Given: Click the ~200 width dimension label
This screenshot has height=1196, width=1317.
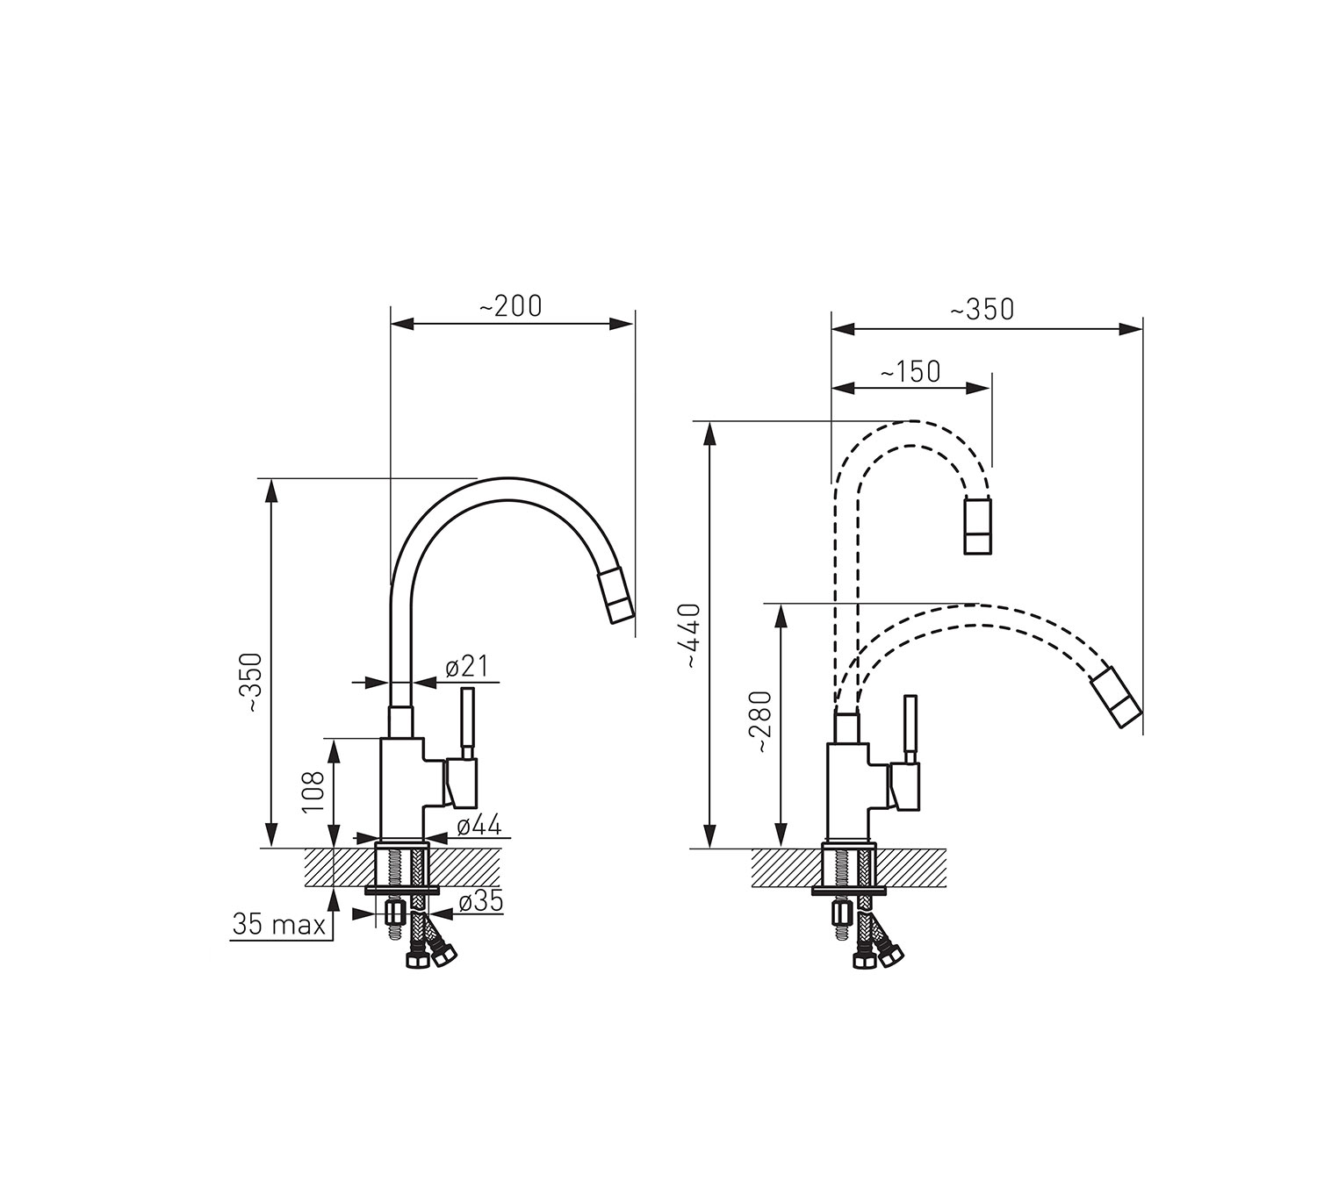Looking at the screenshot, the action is click(x=510, y=306).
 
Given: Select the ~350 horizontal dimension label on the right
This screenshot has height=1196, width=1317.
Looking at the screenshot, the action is click(x=982, y=309).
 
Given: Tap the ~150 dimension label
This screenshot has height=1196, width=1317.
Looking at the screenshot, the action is click(x=910, y=371).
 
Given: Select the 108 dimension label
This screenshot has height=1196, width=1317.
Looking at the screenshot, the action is click(x=313, y=791).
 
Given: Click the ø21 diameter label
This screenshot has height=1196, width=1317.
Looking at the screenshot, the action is click(x=467, y=666).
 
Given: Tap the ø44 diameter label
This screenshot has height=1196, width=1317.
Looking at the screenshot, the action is click(x=479, y=825).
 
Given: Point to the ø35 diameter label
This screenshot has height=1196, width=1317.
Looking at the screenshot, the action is click(x=480, y=902).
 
